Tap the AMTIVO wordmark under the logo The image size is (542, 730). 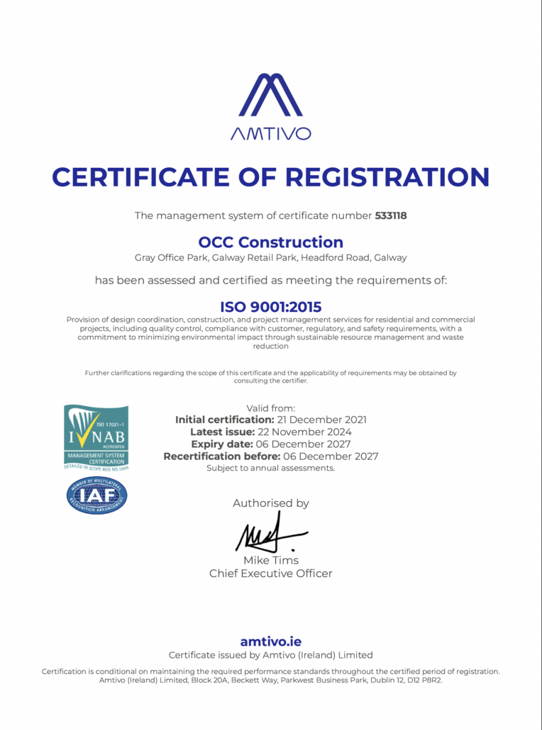point(270,133)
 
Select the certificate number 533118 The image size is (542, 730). point(391,215)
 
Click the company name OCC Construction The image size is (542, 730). point(271,242)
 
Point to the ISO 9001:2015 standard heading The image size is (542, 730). point(270,307)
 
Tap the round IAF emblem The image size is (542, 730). point(97,495)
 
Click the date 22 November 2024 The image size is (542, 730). point(314,432)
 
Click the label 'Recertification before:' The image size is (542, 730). point(222,456)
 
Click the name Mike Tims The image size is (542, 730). point(271,560)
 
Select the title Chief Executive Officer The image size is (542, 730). point(270,573)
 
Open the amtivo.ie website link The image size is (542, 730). point(270,641)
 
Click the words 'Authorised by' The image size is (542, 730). point(271,503)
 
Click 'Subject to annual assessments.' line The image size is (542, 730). point(270,468)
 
